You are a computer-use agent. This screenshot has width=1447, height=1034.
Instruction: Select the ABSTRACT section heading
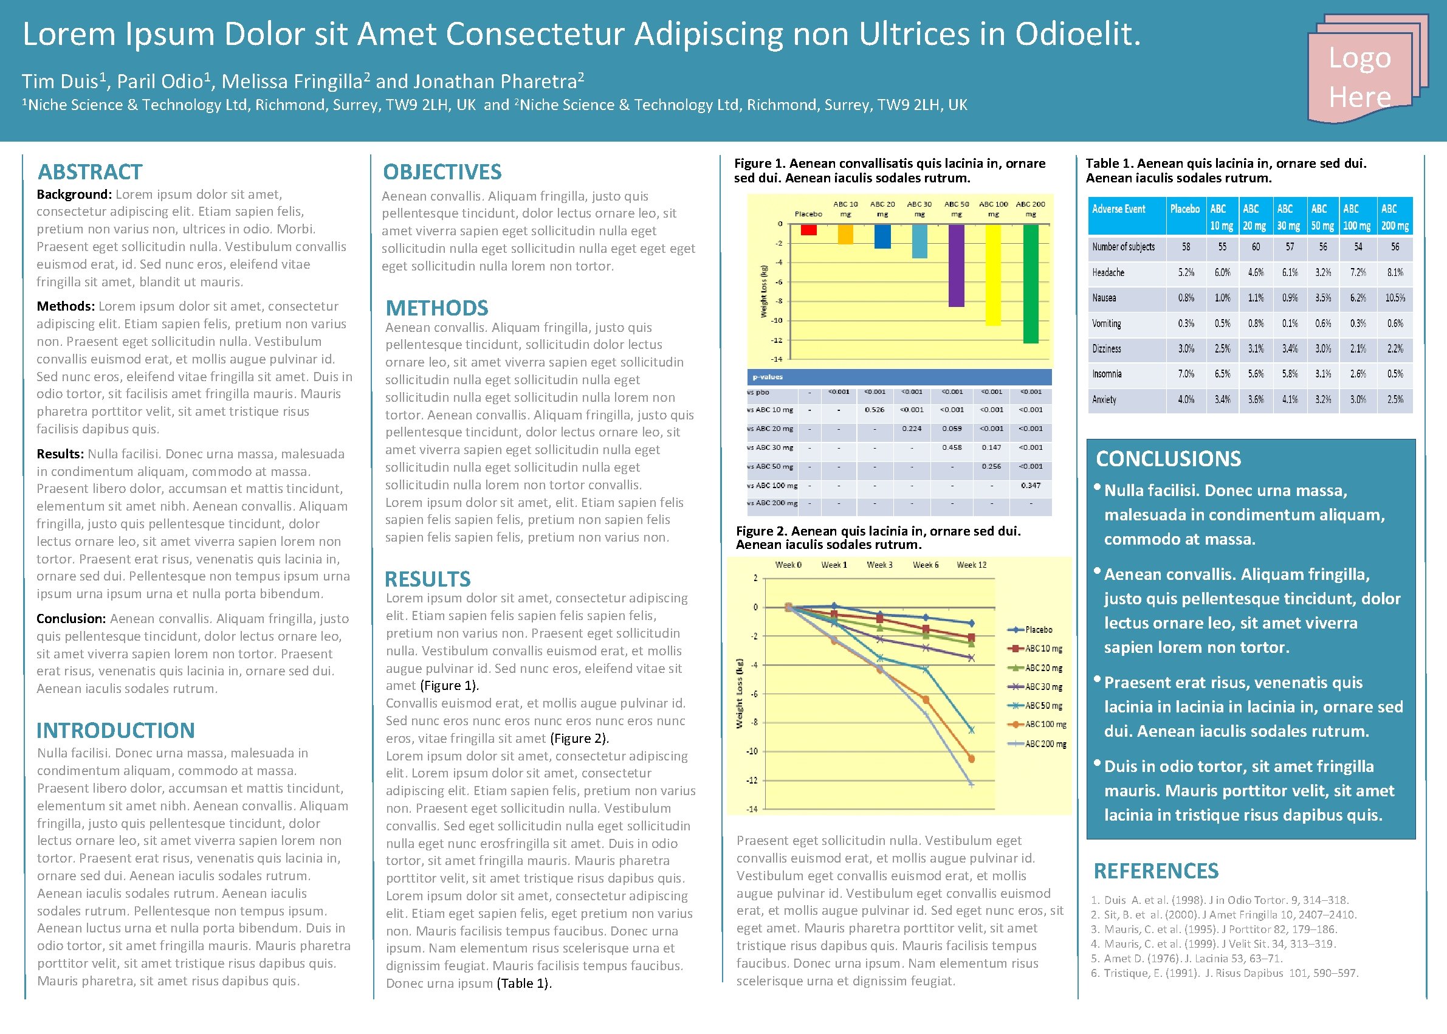90,172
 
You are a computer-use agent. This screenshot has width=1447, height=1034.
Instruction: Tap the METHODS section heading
437,308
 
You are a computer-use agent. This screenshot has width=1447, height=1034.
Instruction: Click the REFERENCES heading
1155,870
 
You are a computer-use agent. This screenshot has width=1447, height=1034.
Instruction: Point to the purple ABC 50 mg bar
956,266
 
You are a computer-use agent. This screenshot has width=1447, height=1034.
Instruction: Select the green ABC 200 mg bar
1031,283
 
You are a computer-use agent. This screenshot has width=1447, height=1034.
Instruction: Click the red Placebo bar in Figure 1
808,230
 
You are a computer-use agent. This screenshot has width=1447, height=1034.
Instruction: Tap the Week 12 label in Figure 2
972,565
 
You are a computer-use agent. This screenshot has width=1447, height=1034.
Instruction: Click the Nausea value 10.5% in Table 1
1395,298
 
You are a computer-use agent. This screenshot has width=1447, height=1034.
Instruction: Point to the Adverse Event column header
1118,210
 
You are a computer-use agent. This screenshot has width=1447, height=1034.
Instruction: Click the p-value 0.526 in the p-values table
875,410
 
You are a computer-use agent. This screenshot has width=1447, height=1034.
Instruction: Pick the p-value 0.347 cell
1031,485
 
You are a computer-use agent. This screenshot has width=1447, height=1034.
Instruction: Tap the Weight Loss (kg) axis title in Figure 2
740,694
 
